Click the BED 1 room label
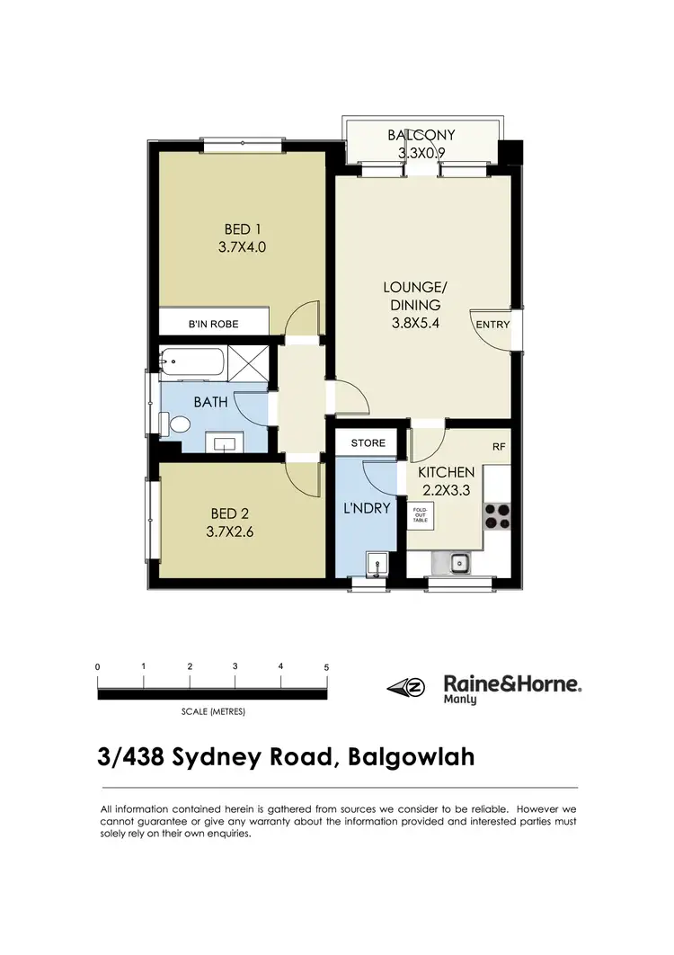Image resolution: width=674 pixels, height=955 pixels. (x=242, y=229)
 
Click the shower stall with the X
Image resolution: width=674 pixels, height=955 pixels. (x=251, y=364)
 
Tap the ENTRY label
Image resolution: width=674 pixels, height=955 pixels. (x=492, y=325)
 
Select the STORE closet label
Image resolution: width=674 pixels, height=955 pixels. (x=368, y=443)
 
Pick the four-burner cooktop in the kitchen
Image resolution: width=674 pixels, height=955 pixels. (x=497, y=514)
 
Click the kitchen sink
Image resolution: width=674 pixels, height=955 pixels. (x=458, y=564)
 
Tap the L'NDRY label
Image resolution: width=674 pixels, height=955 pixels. (x=368, y=508)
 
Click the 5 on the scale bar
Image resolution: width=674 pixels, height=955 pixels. (x=327, y=667)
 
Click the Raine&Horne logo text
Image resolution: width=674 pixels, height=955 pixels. (x=513, y=683)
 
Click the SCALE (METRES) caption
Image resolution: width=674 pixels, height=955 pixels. (x=213, y=711)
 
